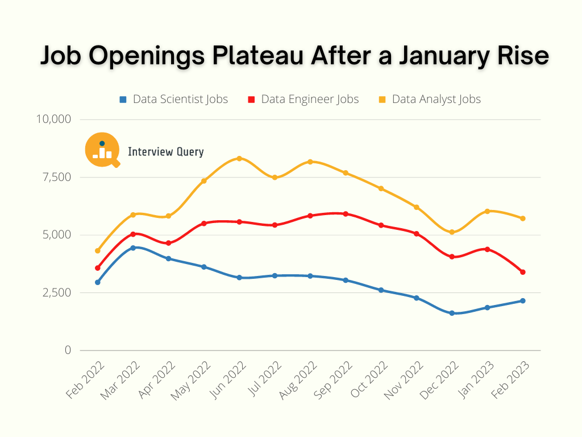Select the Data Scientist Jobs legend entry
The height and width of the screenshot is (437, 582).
point(173,100)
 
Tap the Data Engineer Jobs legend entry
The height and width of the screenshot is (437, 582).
point(304,100)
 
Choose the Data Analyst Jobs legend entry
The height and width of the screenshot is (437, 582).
point(430,100)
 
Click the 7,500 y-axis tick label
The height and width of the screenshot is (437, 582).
point(55,177)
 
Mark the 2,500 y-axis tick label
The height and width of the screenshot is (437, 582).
point(55,292)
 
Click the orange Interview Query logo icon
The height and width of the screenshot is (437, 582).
point(102,150)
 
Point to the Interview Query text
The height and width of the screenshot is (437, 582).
point(165,152)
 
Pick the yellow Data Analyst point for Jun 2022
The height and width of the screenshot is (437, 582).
point(239,158)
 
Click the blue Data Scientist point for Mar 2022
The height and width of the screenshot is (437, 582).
point(133,248)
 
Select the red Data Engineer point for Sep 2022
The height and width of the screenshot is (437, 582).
point(346,214)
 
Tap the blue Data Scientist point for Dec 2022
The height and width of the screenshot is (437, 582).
point(452,313)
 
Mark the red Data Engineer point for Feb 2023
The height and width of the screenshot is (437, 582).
point(522,272)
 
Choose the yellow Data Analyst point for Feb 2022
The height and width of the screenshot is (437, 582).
point(98,250)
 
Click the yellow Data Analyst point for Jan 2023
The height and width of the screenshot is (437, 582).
point(487,211)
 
